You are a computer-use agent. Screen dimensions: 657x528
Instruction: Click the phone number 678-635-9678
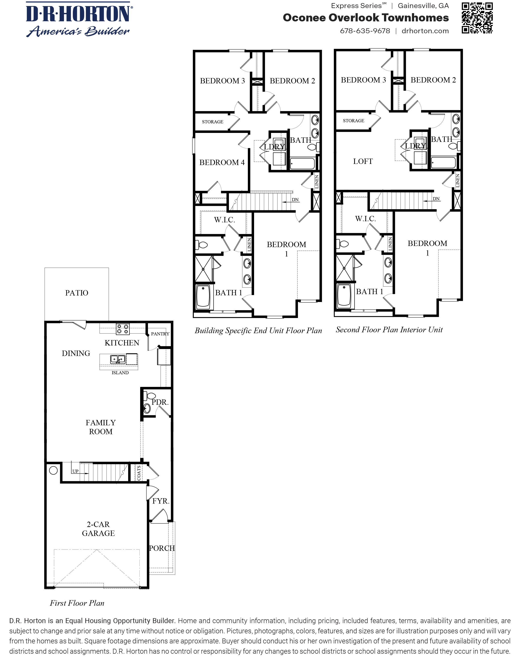coord(365,31)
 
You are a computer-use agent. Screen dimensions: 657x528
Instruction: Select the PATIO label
coord(76,293)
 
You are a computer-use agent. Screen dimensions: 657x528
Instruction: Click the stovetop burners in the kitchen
coord(123,329)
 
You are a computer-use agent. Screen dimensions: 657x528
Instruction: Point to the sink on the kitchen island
coord(117,359)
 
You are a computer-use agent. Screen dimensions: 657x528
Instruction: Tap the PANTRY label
coord(160,334)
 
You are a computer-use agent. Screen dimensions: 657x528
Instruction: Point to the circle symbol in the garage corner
coord(53,471)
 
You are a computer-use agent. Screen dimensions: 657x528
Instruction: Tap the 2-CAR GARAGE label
coord(98,529)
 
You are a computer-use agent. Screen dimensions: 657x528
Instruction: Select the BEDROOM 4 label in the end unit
coord(222,162)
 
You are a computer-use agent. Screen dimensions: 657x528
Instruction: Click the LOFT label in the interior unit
coord(363,161)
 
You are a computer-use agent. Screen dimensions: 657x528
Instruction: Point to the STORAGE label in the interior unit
coord(353,121)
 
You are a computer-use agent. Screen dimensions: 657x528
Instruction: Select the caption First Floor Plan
coord(77,603)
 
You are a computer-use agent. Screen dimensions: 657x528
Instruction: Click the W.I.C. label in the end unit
coord(224,220)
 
